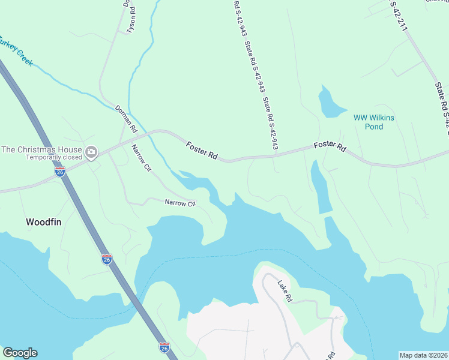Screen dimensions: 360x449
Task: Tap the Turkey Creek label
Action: (x=16, y=51)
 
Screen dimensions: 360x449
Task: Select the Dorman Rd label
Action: (x=126, y=118)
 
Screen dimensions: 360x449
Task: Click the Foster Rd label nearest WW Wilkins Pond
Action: (x=330, y=146)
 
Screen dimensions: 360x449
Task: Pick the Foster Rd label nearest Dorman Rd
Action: (x=201, y=150)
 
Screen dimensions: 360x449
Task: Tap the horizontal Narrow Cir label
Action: (x=181, y=203)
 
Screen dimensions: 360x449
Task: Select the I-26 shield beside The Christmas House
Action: (x=60, y=172)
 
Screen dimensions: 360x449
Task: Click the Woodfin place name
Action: (x=44, y=221)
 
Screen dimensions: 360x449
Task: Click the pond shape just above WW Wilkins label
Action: (x=330, y=102)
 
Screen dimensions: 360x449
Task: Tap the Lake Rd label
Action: (x=285, y=289)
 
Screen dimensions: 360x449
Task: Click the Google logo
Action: (x=20, y=353)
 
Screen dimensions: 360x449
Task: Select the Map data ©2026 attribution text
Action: (x=423, y=355)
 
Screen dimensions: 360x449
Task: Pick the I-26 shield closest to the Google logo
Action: (x=164, y=347)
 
